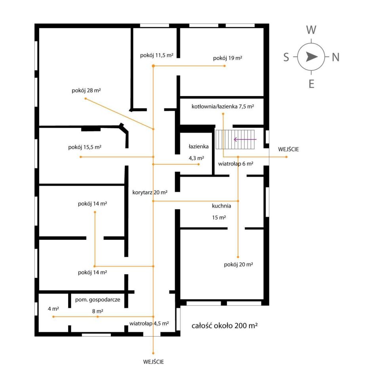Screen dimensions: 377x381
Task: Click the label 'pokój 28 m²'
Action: point(86,90)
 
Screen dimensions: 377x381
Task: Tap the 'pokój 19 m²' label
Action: point(227,58)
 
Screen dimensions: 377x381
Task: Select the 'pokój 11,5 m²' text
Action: point(156,56)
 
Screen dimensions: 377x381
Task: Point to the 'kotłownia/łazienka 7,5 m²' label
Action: point(223,106)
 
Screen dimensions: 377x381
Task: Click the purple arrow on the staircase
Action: point(245,139)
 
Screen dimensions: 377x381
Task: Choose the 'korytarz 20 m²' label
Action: point(150,192)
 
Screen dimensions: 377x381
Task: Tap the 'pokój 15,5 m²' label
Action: point(85,147)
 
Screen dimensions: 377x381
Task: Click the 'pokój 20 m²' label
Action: point(238,264)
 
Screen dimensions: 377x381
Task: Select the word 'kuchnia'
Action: point(221,206)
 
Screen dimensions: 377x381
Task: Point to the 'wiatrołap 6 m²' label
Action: point(236,164)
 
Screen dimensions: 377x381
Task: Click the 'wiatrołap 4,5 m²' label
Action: point(149,323)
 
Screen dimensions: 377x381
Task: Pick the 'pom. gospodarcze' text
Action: point(97,300)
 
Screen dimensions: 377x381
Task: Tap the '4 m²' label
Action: point(53,309)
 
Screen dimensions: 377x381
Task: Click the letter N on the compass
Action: point(335,57)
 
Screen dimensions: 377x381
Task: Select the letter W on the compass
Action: point(311,30)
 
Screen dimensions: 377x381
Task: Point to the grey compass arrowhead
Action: point(311,57)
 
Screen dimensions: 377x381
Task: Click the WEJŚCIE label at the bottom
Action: point(154,362)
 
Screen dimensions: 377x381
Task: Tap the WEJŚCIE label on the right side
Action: point(288,149)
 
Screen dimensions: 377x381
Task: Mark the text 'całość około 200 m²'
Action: point(225,325)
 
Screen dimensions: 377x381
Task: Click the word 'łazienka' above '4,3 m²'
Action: point(198,146)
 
